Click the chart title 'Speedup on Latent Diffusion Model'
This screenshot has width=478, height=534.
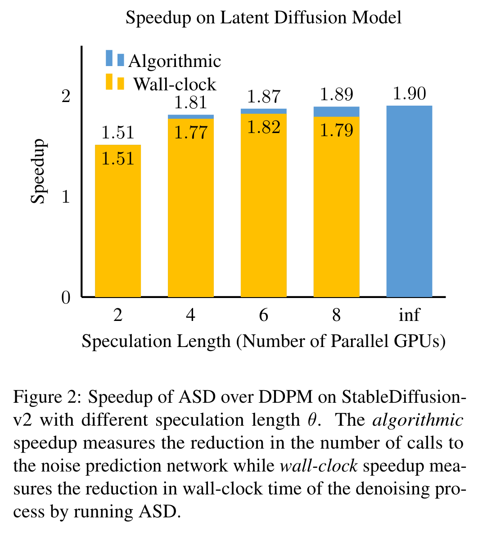click(263, 18)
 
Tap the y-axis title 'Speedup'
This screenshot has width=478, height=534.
click(39, 171)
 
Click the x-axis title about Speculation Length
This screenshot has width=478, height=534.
click(263, 342)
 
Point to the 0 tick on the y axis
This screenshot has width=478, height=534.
click(66, 298)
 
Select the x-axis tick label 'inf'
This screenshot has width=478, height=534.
click(409, 315)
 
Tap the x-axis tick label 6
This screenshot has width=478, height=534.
click(264, 315)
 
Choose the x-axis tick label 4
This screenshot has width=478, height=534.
click(191, 315)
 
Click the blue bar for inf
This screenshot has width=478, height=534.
click(409, 202)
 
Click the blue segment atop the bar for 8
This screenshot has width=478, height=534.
click(336, 111)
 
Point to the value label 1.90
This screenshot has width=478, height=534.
click(409, 94)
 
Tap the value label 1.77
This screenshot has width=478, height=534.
click(191, 133)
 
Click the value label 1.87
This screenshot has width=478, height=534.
click(264, 97)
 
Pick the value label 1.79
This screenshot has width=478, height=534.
click(336, 131)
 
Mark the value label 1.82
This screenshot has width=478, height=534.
click(264, 127)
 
